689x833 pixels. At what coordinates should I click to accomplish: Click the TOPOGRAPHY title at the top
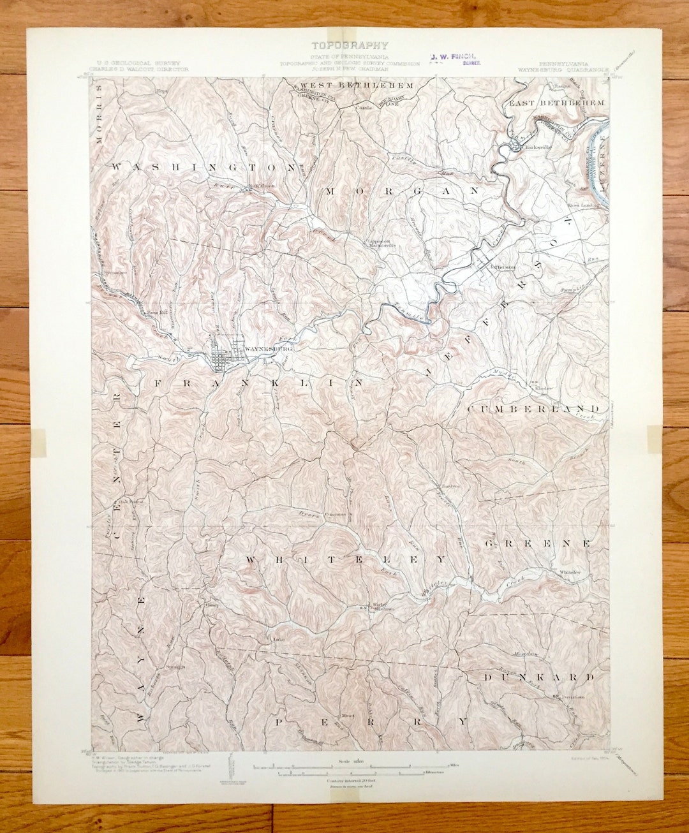tap(349, 45)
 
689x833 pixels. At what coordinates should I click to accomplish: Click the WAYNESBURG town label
tap(268, 350)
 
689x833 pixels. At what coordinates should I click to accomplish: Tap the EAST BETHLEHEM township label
tap(556, 103)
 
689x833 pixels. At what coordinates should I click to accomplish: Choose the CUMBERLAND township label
tap(533, 408)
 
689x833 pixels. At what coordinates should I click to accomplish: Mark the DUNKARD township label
tap(538, 677)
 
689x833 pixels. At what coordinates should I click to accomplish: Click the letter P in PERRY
tap(279, 722)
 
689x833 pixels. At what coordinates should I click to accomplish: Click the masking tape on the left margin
tap(38, 442)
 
